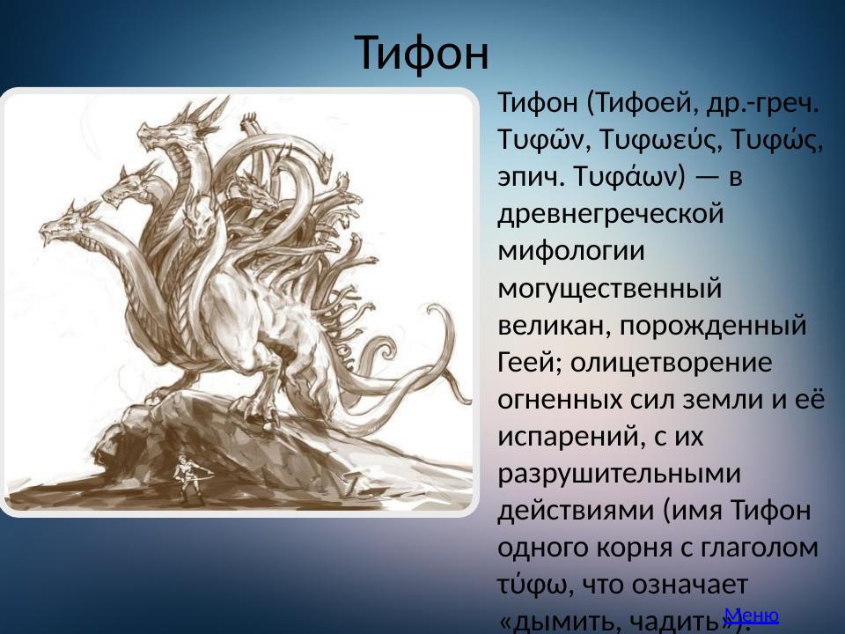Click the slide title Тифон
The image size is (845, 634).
[422, 53]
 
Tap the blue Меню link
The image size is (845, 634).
[751, 615]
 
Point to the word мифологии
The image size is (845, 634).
[571, 250]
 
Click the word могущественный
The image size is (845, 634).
[609, 287]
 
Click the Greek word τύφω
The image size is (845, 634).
[528, 585]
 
